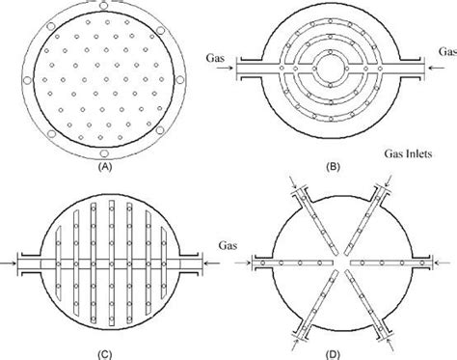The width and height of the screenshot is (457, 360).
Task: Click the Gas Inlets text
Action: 404,153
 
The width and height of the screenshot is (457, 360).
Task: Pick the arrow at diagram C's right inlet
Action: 204,261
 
